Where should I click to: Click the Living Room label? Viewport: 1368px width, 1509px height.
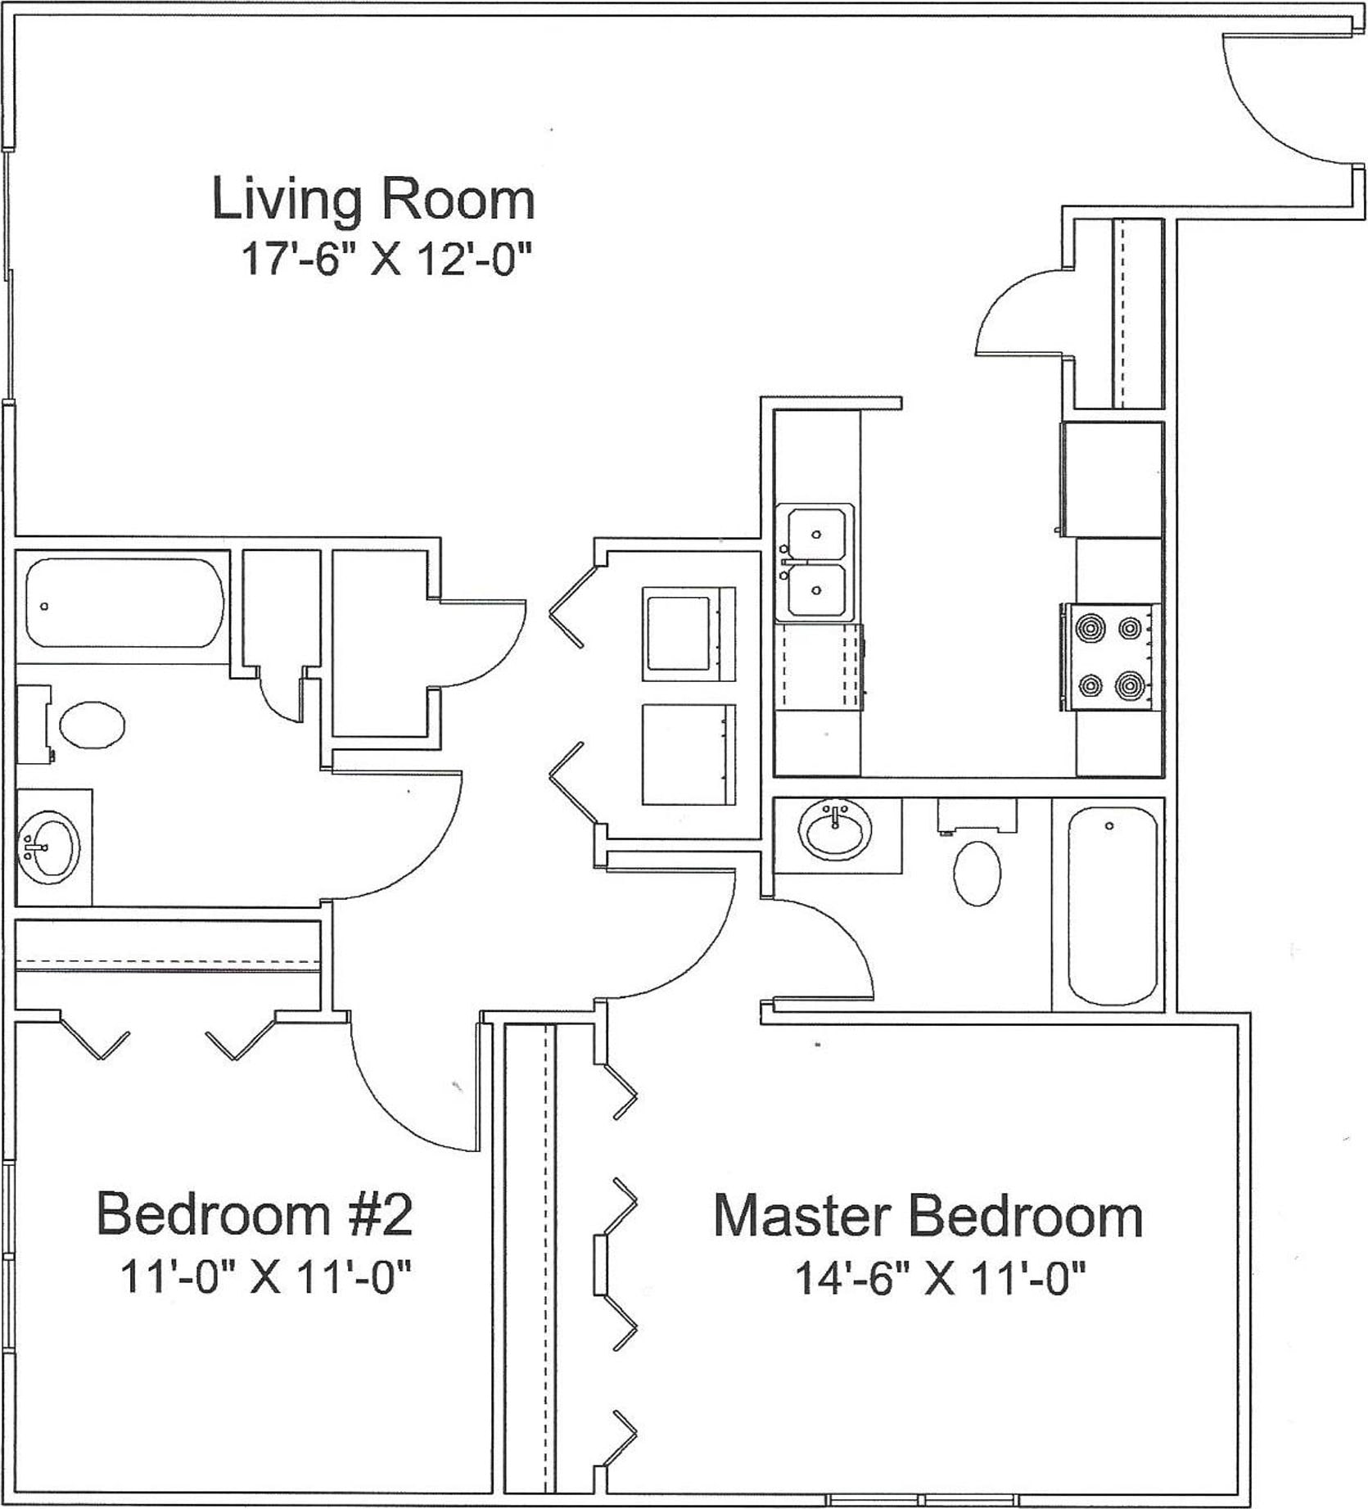(373, 199)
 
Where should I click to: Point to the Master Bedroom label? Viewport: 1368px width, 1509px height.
(928, 1217)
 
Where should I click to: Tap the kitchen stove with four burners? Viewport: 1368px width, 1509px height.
(1111, 656)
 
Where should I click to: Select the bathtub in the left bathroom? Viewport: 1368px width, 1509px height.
(124, 604)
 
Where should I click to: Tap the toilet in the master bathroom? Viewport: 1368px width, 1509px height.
(977, 856)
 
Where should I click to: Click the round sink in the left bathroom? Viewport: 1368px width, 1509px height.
(48, 847)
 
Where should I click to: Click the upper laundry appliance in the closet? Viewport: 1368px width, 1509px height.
(688, 634)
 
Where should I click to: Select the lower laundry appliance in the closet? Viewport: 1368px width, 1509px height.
(688, 754)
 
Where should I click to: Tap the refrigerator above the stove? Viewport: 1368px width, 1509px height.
(1112, 479)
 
